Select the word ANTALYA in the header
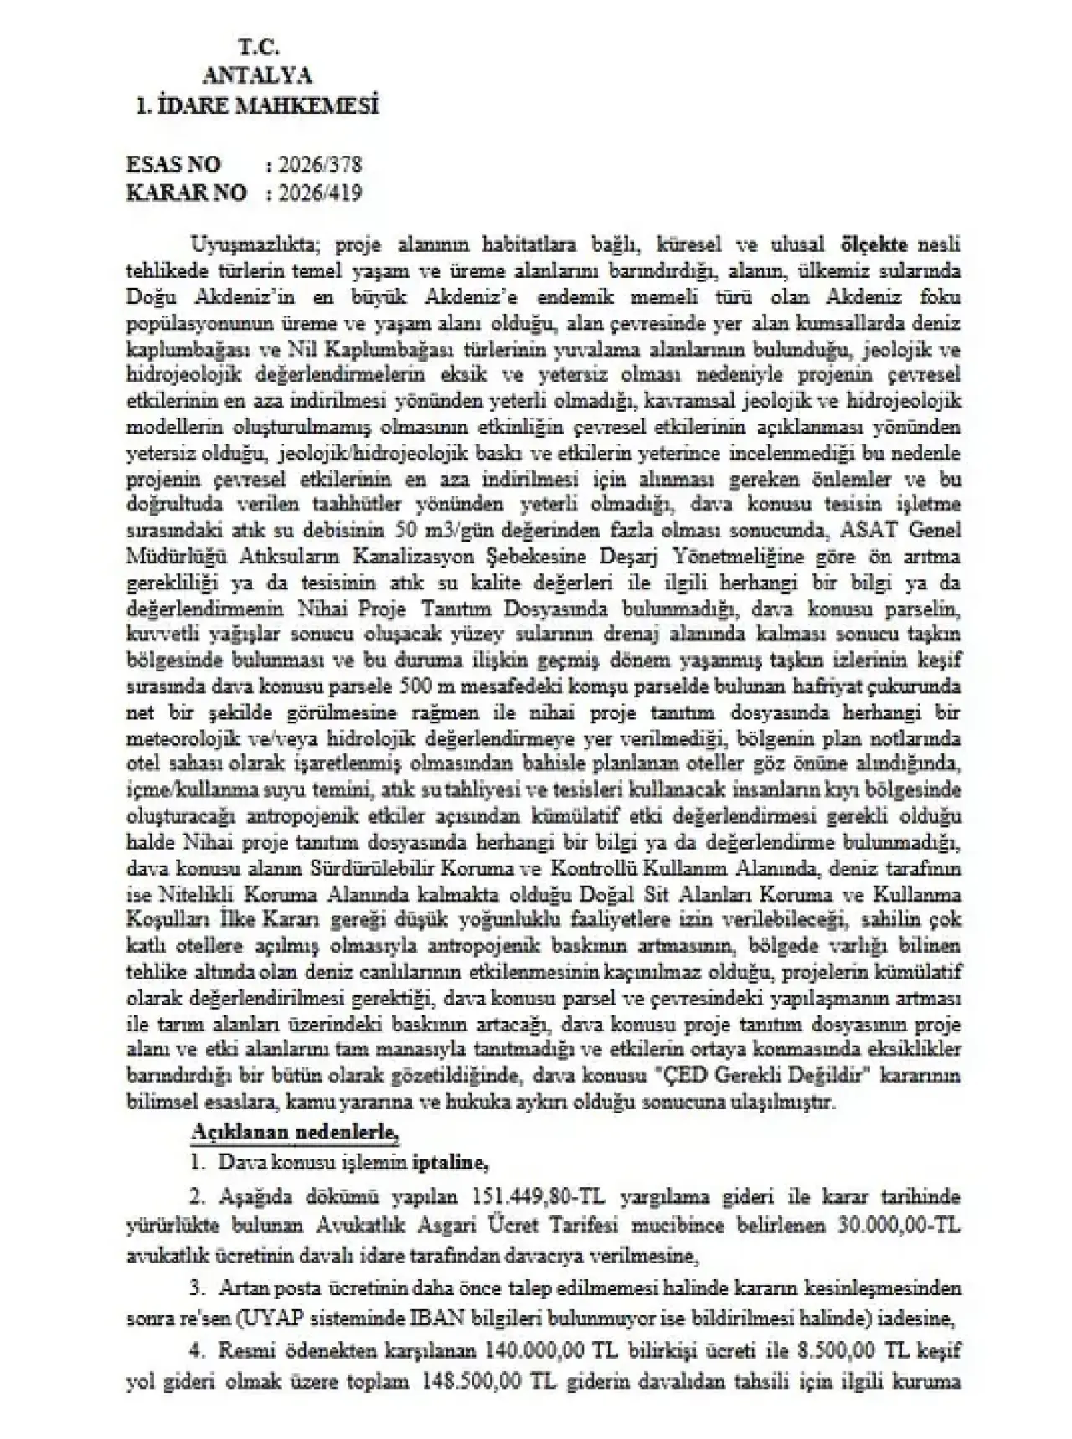pos(257,76)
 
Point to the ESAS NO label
pos(173,164)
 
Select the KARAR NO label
pos(186,193)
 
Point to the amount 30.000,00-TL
pos(899,1226)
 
